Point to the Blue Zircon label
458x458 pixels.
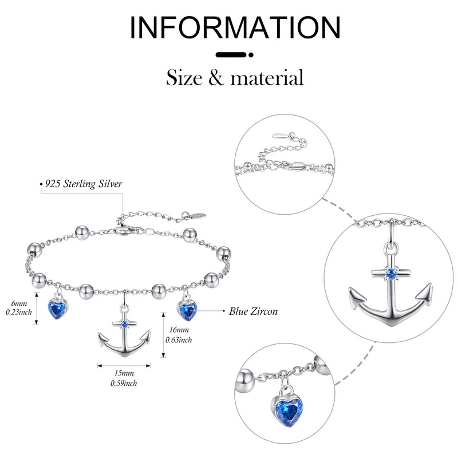[x=253, y=311]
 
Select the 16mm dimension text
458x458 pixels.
[x=179, y=330]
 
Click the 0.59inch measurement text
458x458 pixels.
[x=123, y=382]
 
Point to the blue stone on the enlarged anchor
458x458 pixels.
[x=391, y=273]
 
